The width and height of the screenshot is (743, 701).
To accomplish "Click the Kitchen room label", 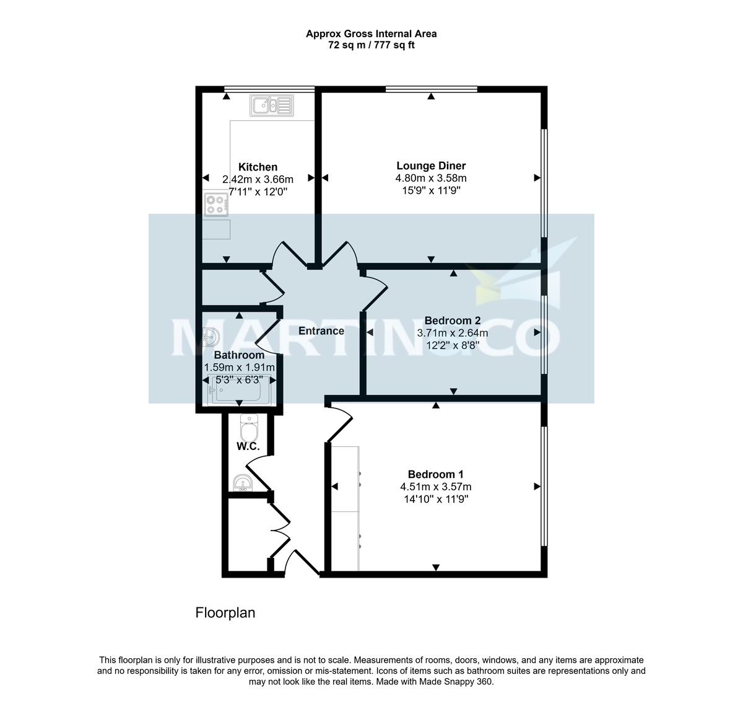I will [258, 167].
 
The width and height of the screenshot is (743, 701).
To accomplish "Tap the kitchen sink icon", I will [272, 105].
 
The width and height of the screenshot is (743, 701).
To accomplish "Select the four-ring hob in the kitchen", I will [216, 205].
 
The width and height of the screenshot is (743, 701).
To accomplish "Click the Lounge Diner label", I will [431, 165].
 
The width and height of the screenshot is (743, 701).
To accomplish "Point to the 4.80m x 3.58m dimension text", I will [431, 178].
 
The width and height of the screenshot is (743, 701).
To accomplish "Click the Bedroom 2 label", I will [453, 320].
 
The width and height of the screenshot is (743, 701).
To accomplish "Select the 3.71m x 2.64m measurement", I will [453, 333].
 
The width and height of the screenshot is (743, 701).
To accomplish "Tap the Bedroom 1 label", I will [435, 474].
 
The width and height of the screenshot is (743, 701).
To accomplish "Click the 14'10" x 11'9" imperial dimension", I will [435, 499].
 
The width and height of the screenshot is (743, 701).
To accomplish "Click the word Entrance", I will [321, 331].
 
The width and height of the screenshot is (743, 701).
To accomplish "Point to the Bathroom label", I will [239, 355].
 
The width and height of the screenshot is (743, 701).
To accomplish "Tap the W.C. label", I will [247, 447].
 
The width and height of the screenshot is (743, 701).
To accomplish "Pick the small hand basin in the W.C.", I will [242, 483].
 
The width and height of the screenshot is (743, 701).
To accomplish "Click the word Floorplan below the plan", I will [225, 613].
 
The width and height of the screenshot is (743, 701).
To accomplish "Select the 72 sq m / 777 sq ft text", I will [371, 45].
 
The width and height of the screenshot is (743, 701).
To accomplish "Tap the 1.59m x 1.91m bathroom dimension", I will [239, 368].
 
